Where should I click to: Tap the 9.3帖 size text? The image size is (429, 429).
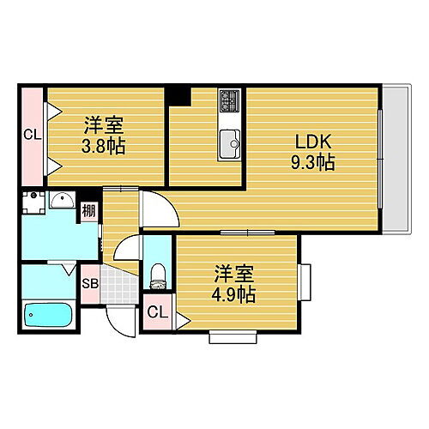[313, 161]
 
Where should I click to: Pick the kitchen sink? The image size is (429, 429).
[230, 142]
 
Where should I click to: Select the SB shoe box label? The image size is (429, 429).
[89, 282]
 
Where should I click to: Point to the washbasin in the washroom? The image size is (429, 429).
[62, 202]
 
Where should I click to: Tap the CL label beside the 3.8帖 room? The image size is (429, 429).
[32, 134]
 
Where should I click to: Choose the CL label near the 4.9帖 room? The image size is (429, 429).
[156, 313]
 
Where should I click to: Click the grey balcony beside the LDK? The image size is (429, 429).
[393, 159]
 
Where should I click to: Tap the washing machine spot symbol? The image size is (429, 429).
[34, 201]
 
